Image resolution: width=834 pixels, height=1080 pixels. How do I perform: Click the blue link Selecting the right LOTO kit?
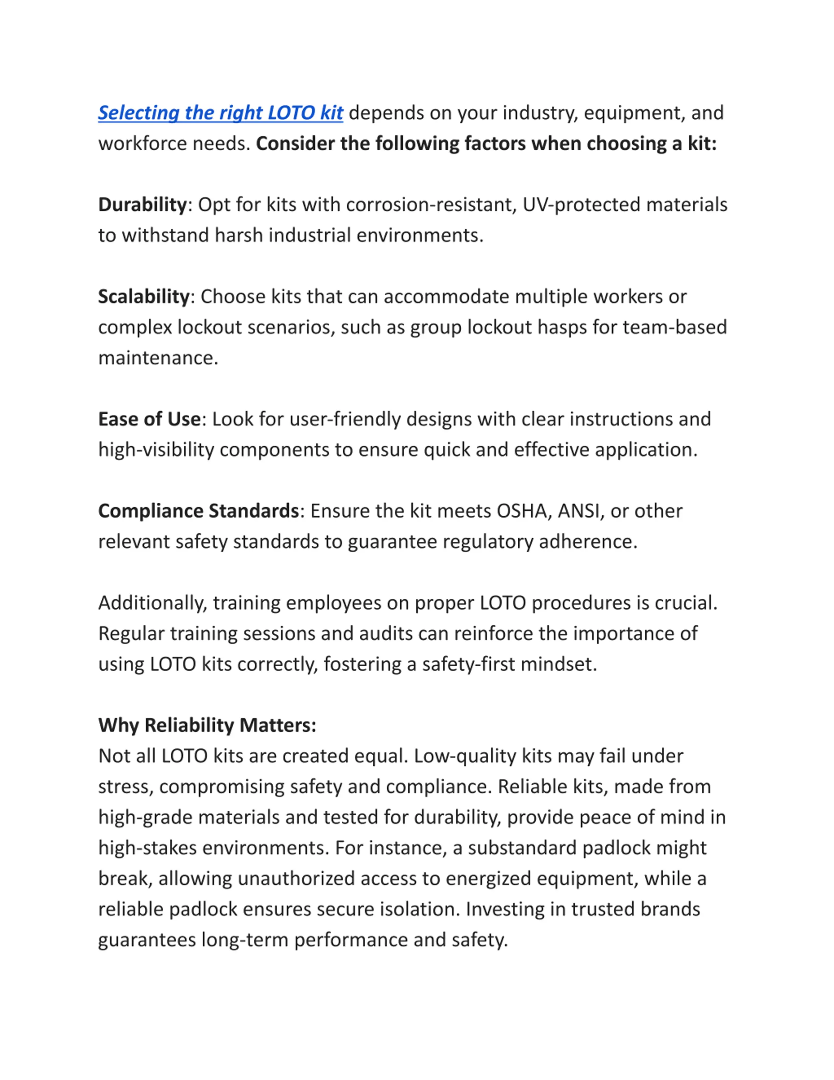coord(220,113)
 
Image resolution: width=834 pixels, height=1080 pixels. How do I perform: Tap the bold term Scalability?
coord(144,296)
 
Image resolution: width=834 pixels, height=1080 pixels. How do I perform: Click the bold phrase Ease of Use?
coord(149,419)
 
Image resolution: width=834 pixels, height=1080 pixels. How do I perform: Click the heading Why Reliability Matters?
coord(207,725)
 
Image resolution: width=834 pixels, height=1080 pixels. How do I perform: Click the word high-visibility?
coord(156,450)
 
